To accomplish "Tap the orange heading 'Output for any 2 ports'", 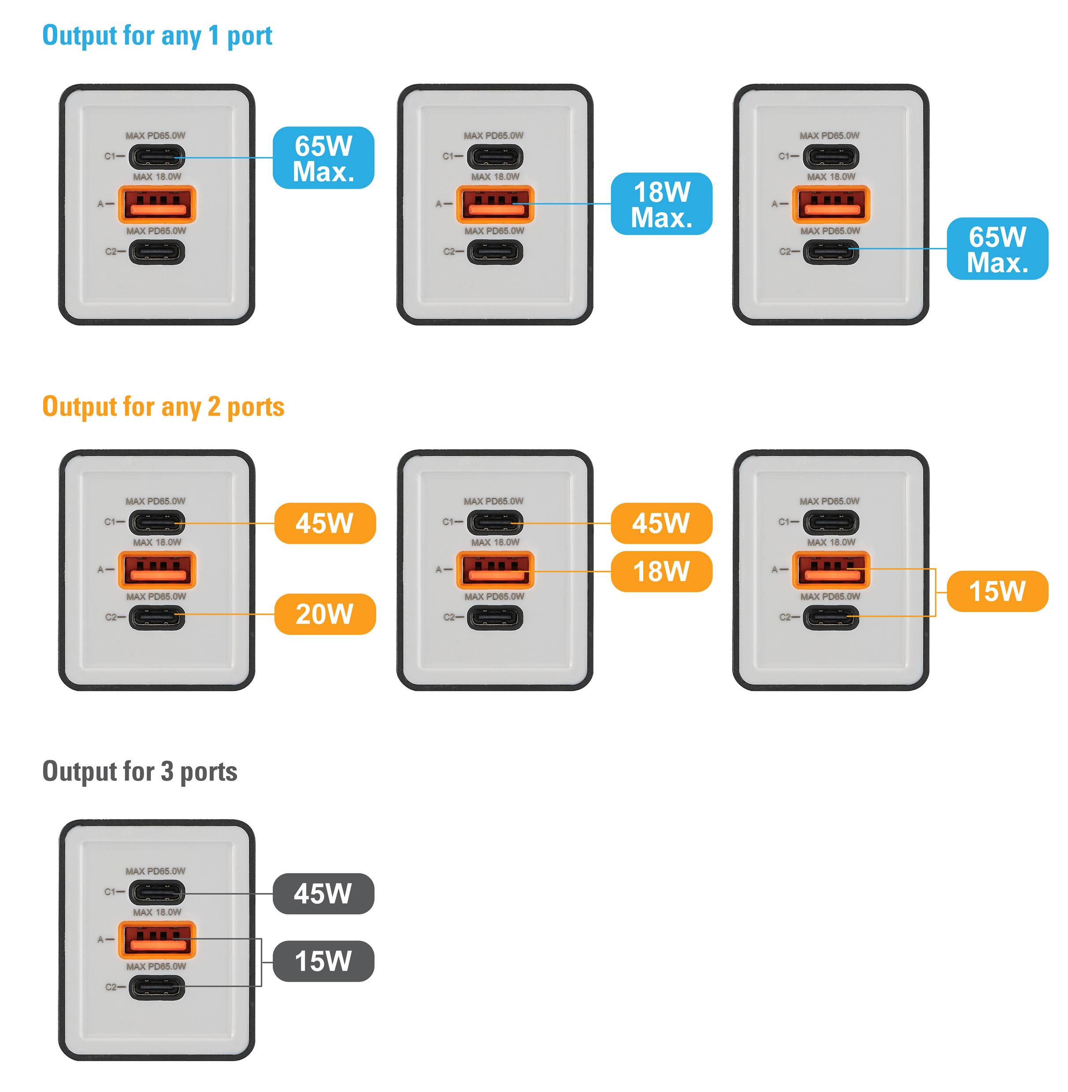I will tap(163, 407).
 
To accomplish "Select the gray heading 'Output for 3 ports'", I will tap(140, 771).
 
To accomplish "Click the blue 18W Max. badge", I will tap(661, 204).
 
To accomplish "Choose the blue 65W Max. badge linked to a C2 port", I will tap(998, 249).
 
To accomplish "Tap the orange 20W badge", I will tap(325, 614).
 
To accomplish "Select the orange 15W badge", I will tap(998, 591).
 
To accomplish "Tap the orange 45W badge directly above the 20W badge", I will tap(325, 524).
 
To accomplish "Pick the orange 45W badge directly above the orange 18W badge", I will tap(661, 524).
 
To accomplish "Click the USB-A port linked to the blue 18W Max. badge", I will tap(495, 204).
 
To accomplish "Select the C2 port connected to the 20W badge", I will tap(157, 617).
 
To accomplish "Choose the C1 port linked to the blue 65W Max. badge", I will tap(157, 156).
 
